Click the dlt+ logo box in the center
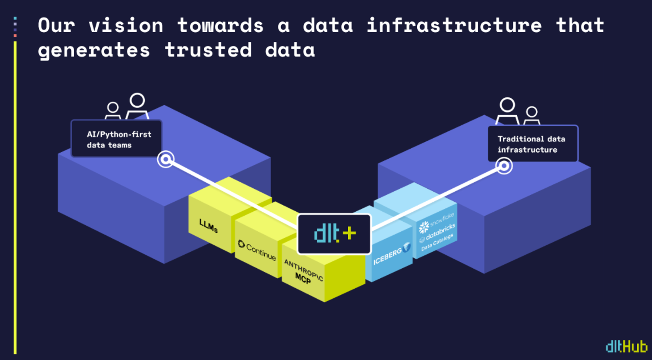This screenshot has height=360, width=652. pos(334,234)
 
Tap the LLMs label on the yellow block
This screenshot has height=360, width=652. pos(209,226)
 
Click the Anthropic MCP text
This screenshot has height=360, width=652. pos(303,271)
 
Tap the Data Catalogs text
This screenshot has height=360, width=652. pos(437,242)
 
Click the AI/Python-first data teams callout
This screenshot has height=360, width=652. pos(116,139)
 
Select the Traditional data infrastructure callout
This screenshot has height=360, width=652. pos(532,144)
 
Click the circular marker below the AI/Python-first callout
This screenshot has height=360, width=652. pos(166,159)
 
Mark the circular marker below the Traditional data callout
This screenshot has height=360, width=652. pos(504,166)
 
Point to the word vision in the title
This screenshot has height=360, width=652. pos(126,25)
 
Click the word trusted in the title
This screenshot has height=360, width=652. pos(208,50)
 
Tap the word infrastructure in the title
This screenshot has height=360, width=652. pos(454,25)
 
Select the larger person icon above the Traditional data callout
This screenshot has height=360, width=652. pos(507,110)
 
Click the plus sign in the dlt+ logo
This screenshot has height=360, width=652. pos(349,233)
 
